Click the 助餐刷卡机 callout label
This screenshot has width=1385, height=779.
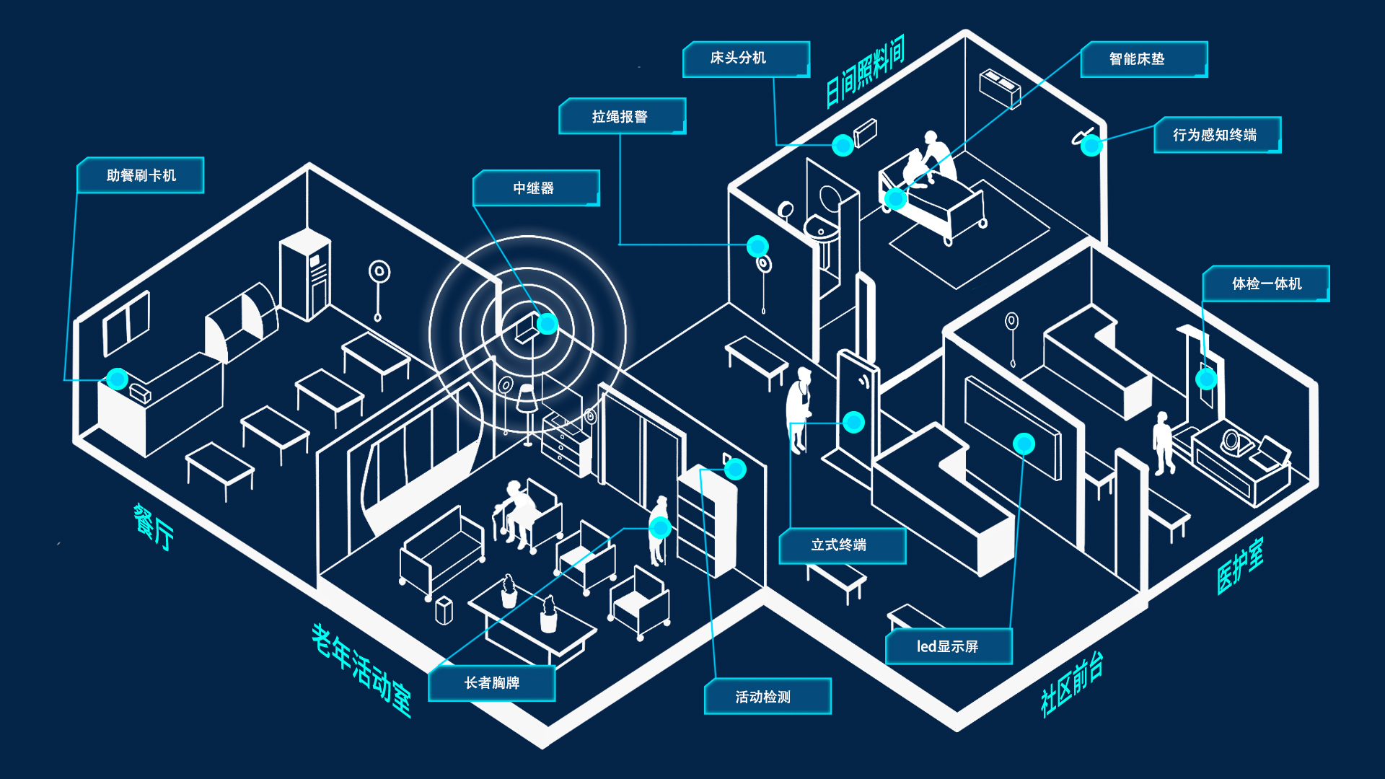[141, 175]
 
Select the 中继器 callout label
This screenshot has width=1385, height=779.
[536, 188]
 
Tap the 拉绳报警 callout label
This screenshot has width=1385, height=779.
[622, 117]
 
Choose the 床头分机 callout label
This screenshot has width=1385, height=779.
[745, 58]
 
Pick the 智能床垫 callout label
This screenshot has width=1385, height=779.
[1143, 59]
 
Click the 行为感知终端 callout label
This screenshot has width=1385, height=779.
[1217, 135]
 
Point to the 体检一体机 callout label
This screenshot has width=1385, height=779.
[1266, 283]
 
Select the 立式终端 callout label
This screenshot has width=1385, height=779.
[842, 545]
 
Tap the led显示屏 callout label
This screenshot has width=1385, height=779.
[949, 646]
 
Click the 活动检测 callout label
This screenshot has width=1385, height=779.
[767, 696]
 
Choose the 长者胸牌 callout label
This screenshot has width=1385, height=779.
[491, 682]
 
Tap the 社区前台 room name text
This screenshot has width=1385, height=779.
[1072, 684]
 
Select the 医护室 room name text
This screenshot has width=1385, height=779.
[1240, 567]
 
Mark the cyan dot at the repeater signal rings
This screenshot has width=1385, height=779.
[548, 324]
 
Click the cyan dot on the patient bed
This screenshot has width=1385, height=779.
[895, 198]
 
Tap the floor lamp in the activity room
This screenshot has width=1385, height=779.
[527, 410]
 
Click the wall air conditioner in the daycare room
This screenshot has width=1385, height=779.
[1000, 88]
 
